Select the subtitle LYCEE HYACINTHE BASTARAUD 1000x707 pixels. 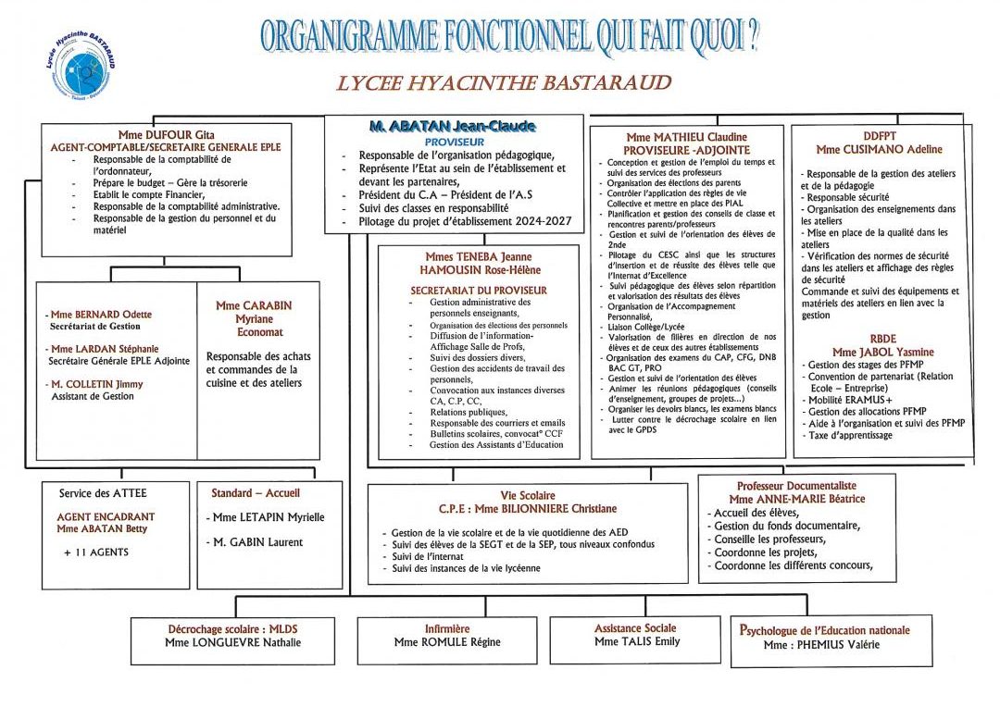504,84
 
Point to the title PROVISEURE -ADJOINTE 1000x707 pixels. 685,150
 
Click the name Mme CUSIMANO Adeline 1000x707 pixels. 879,149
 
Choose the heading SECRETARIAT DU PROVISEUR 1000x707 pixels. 479,290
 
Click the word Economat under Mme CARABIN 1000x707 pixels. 260,332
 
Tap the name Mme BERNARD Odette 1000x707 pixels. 102,315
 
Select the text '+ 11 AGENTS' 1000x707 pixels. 96,552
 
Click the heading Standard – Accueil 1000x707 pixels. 256,493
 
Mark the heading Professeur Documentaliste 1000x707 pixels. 796,485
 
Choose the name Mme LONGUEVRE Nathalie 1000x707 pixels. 232,642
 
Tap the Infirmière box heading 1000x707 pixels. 447,628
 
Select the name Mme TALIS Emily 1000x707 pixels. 636,641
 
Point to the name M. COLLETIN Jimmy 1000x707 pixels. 97,383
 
